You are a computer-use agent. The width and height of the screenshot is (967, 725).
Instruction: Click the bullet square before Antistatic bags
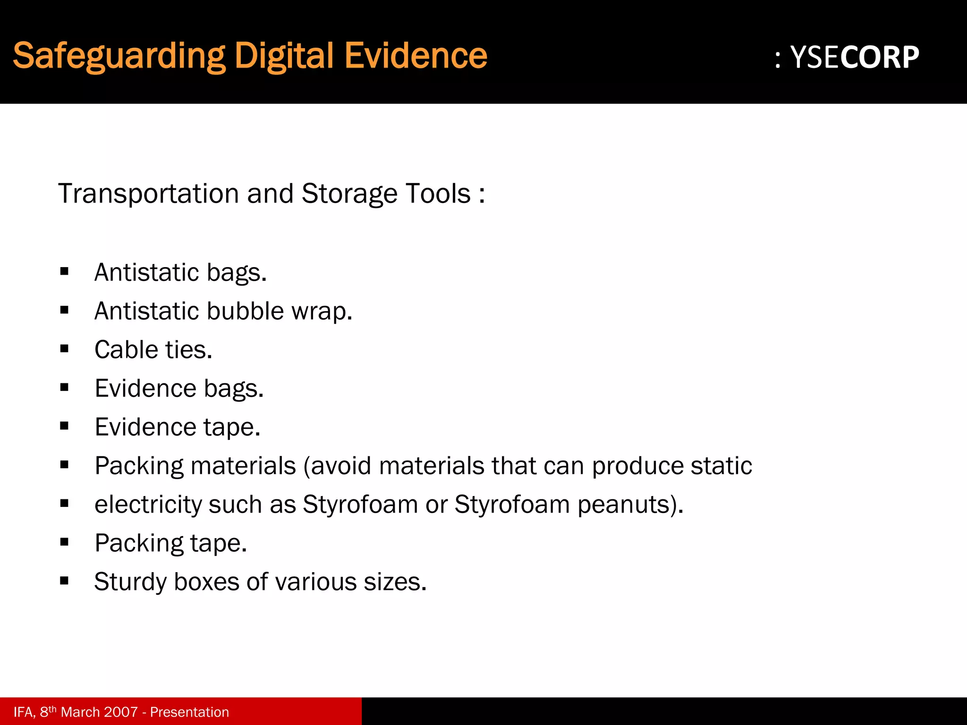point(65,271)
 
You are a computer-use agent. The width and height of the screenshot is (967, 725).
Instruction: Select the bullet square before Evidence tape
point(65,426)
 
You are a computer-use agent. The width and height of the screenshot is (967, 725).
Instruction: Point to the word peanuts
point(630,505)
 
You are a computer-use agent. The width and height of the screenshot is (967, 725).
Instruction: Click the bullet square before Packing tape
point(65,542)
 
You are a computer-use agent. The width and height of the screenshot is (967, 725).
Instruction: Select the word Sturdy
point(130,582)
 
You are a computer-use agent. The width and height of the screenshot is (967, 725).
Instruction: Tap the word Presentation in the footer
point(189,712)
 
